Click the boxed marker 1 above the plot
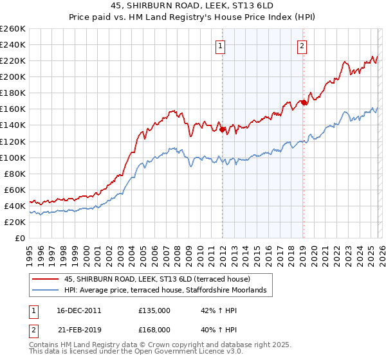pyautogui.click(x=221, y=45)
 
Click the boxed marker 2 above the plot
pyautogui.click(x=302, y=45)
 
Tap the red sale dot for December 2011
pyautogui.click(x=223, y=129)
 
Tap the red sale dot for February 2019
pyautogui.click(x=304, y=102)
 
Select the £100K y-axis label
pyautogui.click(x=13, y=157)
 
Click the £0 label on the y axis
pyautogui.click(x=19, y=238)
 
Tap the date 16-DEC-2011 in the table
pyautogui.click(x=79, y=310)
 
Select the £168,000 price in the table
pyautogui.click(x=154, y=329)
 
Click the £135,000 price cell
pyautogui.click(x=154, y=310)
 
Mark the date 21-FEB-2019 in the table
pyautogui.click(x=79, y=329)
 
